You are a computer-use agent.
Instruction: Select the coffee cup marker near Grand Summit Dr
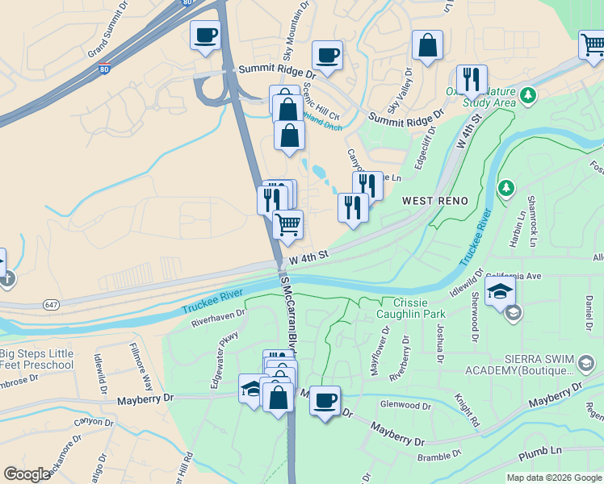click(x=205, y=36)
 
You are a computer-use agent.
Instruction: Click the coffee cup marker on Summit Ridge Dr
click(x=327, y=56)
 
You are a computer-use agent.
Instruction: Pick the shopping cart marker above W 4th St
click(x=287, y=225)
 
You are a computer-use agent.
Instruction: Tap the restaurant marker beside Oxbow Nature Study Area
click(x=472, y=80)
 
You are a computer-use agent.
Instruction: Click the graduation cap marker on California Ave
click(x=500, y=291)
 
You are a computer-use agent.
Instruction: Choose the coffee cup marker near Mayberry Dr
click(x=325, y=401)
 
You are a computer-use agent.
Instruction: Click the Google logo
click(x=27, y=474)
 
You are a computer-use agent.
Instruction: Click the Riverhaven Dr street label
click(x=218, y=319)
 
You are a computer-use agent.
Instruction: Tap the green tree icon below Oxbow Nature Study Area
click(x=506, y=188)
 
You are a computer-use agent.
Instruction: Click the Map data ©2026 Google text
click(x=553, y=478)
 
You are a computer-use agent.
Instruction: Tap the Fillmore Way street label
click(x=141, y=365)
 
